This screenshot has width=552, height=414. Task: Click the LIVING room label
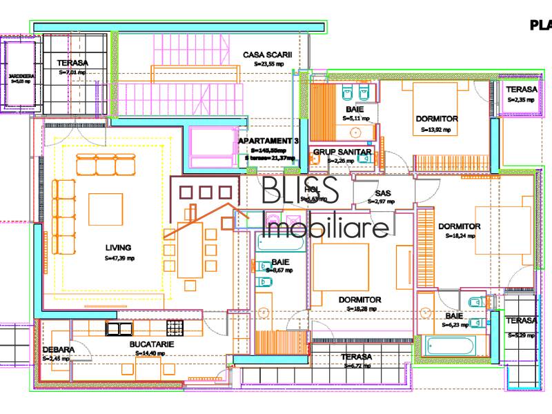click(118, 247)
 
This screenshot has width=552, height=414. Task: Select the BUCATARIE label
click(151, 344)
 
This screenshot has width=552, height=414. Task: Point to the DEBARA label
click(58, 350)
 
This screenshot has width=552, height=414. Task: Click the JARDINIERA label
click(21, 75)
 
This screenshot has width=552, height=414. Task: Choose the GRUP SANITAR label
click(343, 152)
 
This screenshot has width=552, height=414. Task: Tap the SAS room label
click(383, 193)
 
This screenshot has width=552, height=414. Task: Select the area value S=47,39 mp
click(118, 258)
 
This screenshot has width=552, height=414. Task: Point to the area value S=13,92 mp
click(437, 129)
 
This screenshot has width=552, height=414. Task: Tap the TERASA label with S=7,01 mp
click(72, 63)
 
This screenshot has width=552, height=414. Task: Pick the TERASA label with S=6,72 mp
click(356, 357)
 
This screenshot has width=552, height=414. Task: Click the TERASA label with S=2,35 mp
click(521, 90)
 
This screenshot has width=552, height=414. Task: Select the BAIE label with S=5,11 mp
click(355, 110)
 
